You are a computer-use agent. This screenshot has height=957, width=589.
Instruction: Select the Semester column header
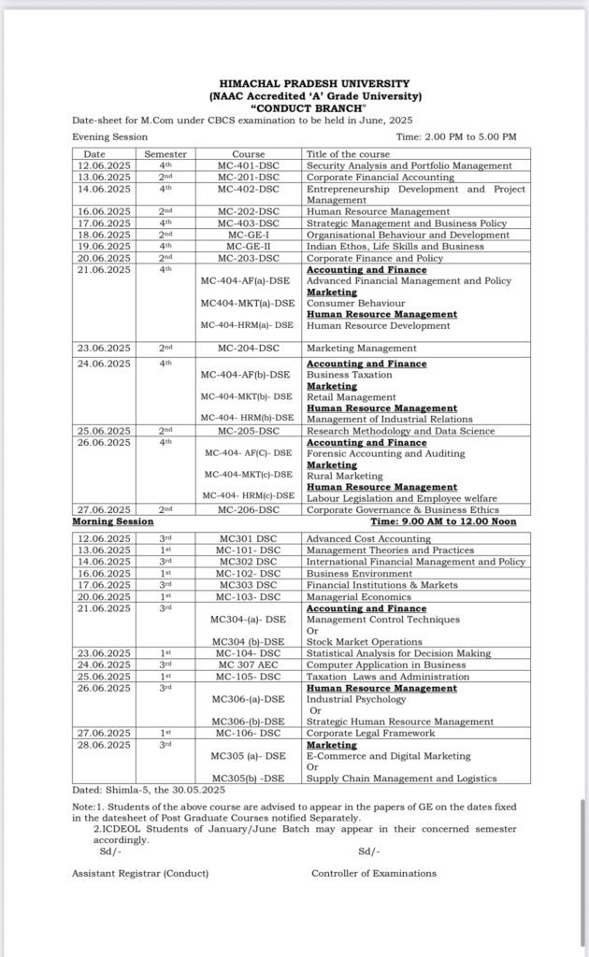pos(165,154)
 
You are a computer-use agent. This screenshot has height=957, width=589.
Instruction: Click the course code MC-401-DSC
pos(249,165)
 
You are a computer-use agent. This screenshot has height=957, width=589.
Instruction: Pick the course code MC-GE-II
pos(249,247)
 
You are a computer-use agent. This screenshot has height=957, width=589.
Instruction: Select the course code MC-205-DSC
pos(249,431)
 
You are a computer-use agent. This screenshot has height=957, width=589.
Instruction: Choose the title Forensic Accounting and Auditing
pos(385,453)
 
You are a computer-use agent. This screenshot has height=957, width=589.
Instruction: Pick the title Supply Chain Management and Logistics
pos(401,778)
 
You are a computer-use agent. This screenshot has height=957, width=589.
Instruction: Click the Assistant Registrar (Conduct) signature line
pos(140,873)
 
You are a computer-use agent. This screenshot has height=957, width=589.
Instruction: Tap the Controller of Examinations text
pos(374,873)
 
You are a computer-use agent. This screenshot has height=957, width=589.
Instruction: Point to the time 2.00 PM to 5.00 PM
pos(456,136)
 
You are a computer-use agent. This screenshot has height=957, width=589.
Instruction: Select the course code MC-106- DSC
pos(249,734)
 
